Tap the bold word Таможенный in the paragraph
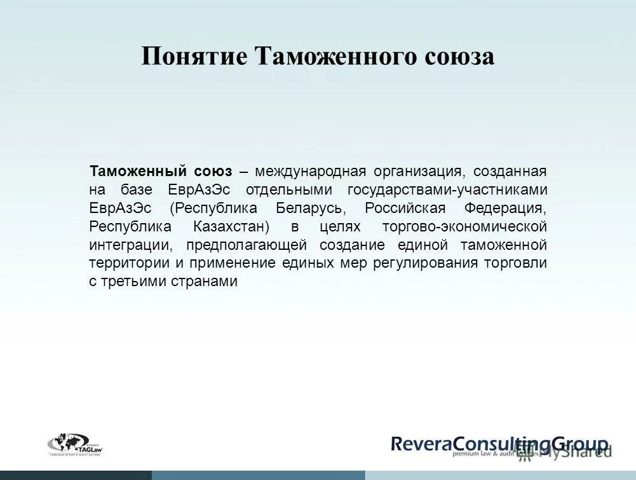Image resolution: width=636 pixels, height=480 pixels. pyautogui.click(x=138, y=171)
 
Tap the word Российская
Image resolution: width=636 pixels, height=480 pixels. pyautogui.click(x=405, y=208)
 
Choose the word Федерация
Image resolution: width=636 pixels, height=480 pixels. pyautogui.click(x=506, y=208)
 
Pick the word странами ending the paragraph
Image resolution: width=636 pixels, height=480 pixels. pyautogui.click(x=205, y=282)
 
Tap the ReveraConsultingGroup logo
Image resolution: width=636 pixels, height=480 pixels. pyautogui.click(x=499, y=444)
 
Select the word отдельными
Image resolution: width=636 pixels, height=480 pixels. pyautogui.click(x=290, y=189)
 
